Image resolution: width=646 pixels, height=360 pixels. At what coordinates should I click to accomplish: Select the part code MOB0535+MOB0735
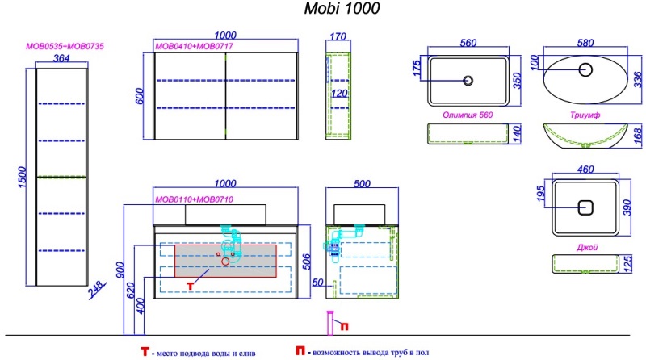pyautogui.click(x=64, y=47)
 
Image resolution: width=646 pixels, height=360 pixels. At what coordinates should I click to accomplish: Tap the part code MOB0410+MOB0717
pyautogui.click(x=185, y=48)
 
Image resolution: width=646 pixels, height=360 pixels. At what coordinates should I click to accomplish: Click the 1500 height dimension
pyautogui.click(x=23, y=176)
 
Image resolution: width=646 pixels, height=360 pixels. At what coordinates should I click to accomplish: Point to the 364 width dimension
pyautogui.click(x=61, y=58)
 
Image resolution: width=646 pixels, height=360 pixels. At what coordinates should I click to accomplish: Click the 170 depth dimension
pyautogui.click(x=338, y=36)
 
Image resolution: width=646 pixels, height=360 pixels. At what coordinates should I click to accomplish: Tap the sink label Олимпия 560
pyautogui.click(x=468, y=115)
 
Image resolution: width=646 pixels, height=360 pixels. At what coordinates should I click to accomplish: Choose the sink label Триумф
pyautogui.click(x=582, y=115)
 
